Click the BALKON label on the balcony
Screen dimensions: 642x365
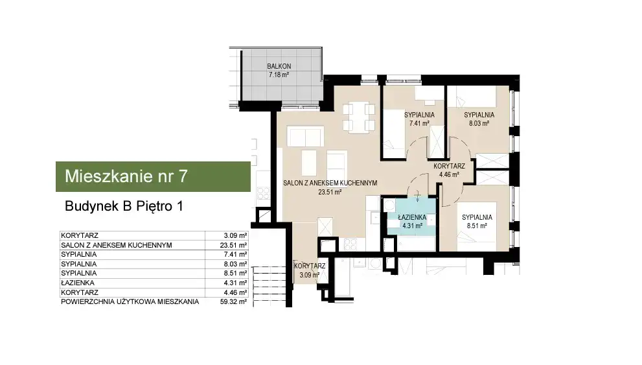coord(279,66)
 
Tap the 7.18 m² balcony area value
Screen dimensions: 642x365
coord(279,75)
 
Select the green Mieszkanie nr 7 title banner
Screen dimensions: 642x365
coord(153,176)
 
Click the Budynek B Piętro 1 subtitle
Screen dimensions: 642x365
coord(124,206)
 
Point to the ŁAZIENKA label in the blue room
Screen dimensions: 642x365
coord(412,218)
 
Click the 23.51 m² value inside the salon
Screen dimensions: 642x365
coord(330,192)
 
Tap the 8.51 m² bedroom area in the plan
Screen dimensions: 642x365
coord(477,226)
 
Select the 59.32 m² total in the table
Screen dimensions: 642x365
coord(233,302)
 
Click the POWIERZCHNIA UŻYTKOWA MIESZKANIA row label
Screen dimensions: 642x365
coord(130,302)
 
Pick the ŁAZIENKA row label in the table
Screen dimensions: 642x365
coord(77,283)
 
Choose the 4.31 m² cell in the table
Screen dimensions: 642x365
coord(235,283)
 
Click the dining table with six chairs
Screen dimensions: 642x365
coord(359,117)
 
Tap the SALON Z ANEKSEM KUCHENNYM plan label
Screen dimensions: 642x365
coord(330,183)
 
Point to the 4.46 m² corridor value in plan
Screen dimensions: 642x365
coord(449,174)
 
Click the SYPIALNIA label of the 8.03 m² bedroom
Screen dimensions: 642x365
coord(479,115)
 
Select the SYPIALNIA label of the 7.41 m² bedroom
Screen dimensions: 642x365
coord(419,115)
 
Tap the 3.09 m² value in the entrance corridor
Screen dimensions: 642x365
coord(309,276)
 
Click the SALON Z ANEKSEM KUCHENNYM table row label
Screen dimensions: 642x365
coord(116,245)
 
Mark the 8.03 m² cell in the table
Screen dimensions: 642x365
coord(235,265)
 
